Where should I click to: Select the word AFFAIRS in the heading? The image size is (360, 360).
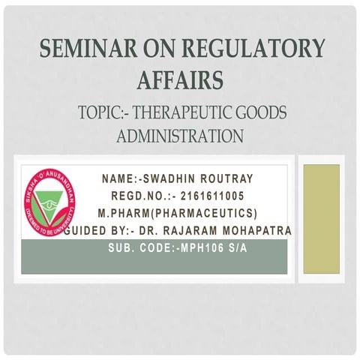181,78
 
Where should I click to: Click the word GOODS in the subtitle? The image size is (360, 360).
259,113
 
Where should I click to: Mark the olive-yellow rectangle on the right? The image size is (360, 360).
320,219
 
